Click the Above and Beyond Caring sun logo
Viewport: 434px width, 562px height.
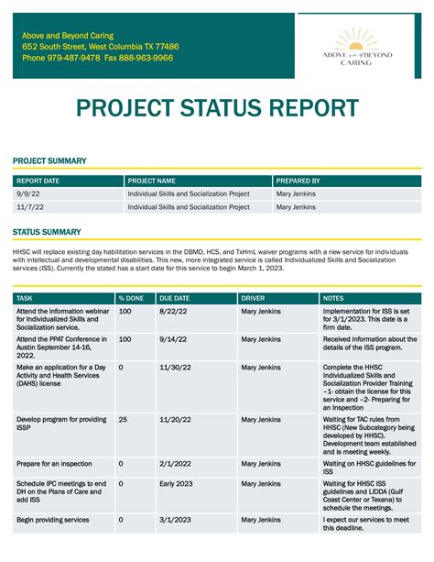(363, 45)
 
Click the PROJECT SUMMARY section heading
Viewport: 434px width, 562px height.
(49, 161)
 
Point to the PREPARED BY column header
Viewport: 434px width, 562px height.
(298, 182)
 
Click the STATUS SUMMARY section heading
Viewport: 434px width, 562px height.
(47, 232)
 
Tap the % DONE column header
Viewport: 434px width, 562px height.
(131, 298)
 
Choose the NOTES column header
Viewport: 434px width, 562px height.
(334, 298)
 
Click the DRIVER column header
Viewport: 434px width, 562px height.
(253, 298)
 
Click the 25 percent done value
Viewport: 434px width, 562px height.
(123, 420)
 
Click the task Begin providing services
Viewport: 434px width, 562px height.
(52, 520)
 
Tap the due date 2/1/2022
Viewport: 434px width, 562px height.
(174, 464)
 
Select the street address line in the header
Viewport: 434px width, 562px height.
(101, 46)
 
